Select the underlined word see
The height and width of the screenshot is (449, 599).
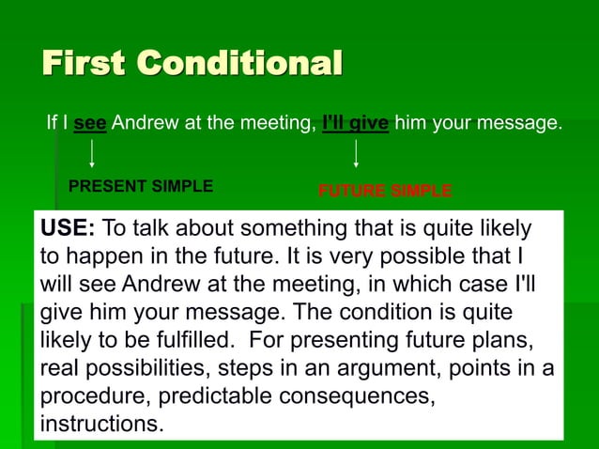(x=90, y=123)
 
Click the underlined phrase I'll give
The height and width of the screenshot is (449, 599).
(x=355, y=123)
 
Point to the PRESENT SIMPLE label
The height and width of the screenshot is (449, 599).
(x=141, y=186)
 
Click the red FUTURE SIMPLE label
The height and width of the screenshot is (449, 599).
(x=385, y=192)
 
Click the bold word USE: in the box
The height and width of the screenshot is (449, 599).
(x=68, y=229)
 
